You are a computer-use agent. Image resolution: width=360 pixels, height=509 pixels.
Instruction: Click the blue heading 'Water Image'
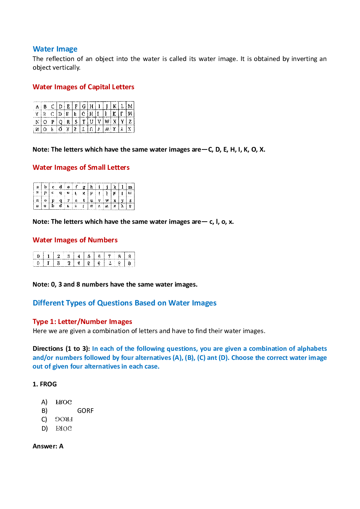tap(55, 49)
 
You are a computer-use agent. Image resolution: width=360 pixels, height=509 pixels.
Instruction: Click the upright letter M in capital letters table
tap(130, 106)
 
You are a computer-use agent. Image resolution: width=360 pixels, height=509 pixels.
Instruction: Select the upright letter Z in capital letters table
tap(130, 122)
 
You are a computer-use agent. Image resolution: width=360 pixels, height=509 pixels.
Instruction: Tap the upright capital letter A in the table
tap(37, 107)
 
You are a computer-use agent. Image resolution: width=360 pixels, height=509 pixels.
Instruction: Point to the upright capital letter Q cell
tap(61, 122)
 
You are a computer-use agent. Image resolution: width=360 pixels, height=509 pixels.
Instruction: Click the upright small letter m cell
tap(130, 187)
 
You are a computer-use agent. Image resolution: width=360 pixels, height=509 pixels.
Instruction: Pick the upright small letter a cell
tap(37, 187)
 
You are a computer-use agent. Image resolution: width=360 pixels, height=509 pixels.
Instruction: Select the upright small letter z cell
tap(130, 200)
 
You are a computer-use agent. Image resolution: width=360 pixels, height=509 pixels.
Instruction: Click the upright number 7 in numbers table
tap(109, 256)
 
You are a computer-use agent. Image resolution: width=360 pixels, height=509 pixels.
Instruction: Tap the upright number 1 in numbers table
tap(48, 256)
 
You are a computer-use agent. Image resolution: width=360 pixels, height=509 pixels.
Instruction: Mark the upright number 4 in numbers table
tap(79, 256)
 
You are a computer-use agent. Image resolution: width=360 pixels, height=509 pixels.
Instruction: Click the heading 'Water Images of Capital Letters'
tap(83, 87)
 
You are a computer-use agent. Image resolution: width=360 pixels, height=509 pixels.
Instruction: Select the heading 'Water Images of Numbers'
tap(75, 240)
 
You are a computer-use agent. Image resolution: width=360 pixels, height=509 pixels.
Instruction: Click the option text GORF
tap(85, 411)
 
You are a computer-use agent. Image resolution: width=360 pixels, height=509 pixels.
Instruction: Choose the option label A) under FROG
tap(44, 402)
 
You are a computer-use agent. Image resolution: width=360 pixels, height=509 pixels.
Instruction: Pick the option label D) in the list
tap(45, 428)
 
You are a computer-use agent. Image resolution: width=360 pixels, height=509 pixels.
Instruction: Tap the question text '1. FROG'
tap(45, 384)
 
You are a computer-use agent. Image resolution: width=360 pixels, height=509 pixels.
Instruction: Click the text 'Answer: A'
tap(48, 446)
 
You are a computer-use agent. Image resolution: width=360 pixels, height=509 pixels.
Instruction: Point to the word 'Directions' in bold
tap(48, 349)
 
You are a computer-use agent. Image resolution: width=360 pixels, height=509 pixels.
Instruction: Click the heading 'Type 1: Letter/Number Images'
tap(82, 322)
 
